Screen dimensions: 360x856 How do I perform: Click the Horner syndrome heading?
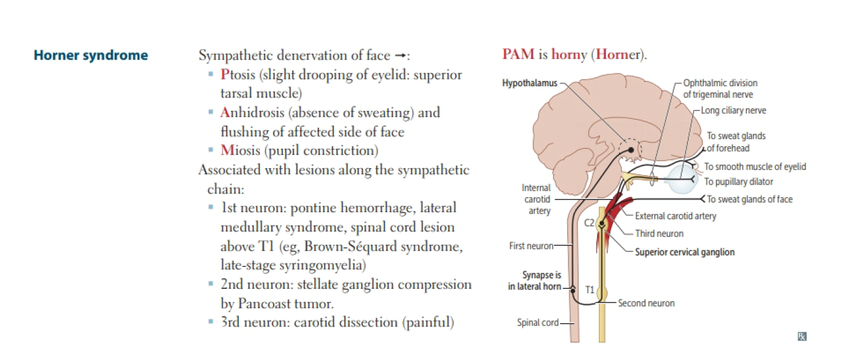(90, 55)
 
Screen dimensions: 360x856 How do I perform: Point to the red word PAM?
(518, 54)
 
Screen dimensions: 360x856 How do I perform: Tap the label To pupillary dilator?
(739, 182)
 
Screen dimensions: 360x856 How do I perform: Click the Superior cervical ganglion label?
(685, 252)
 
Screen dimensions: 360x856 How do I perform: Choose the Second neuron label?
(646, 303)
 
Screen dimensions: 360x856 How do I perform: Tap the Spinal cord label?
(538, 323)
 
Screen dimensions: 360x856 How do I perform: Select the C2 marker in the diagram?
(590, 223)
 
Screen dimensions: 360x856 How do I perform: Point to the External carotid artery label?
(676, 216)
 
